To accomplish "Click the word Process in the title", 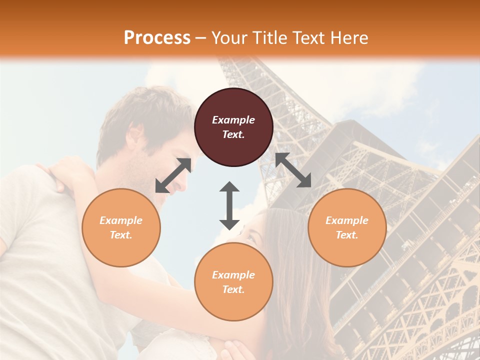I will [157, 37].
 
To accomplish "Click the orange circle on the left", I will [121, 227].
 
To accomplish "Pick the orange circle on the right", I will [347, 227].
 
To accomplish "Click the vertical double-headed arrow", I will [229, 205].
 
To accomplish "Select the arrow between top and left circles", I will [173, 175].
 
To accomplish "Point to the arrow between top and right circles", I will [293, 170].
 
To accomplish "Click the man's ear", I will [134, 134].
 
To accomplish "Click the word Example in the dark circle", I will [233, 120].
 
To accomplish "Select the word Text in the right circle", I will [347, 235].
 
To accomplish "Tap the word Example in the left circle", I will [121, 220].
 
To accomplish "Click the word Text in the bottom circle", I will [233, 289].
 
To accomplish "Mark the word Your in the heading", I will [225, 37].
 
